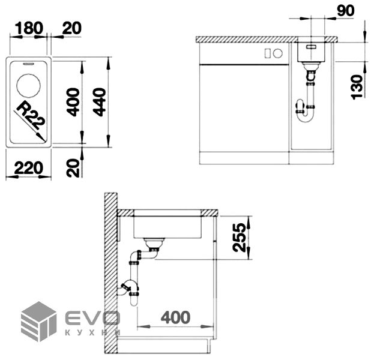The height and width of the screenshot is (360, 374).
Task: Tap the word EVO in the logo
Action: pos(91,317)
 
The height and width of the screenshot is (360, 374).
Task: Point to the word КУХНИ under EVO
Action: pos(91,332)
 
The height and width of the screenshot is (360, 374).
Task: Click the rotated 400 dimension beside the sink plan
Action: pos(73,102)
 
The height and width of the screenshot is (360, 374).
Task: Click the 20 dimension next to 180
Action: pos(71,28)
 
